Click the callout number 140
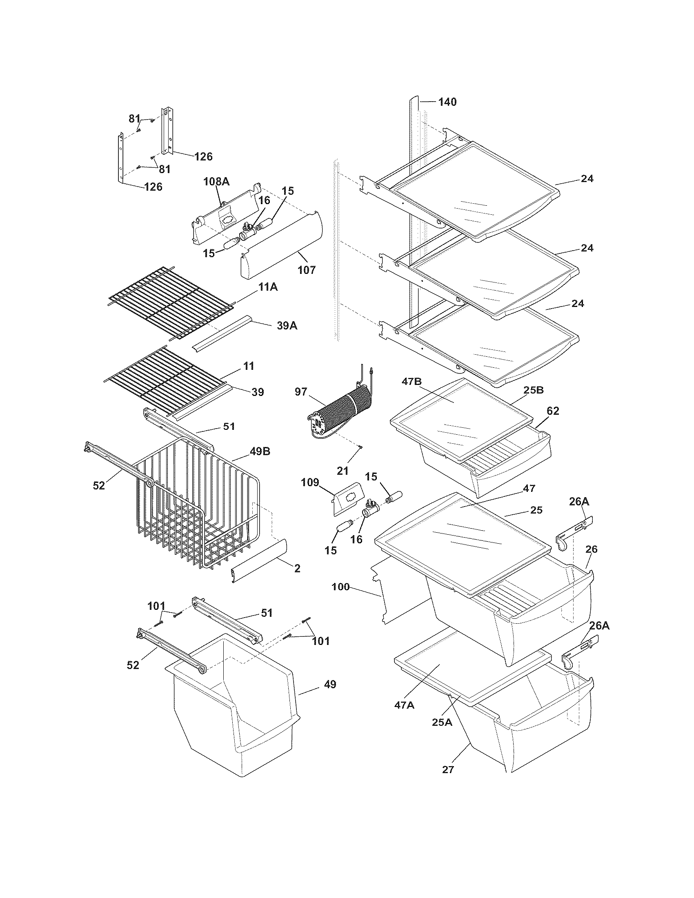point(447,102)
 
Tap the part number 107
point(307,270)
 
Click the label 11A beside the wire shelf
point(268,287)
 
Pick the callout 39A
point(286,326)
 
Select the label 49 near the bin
point(329,685)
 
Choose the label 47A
point(405,705)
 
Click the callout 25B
point(533,390)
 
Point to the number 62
point(553,411)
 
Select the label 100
point(340,587)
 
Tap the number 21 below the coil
point(343,471)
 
